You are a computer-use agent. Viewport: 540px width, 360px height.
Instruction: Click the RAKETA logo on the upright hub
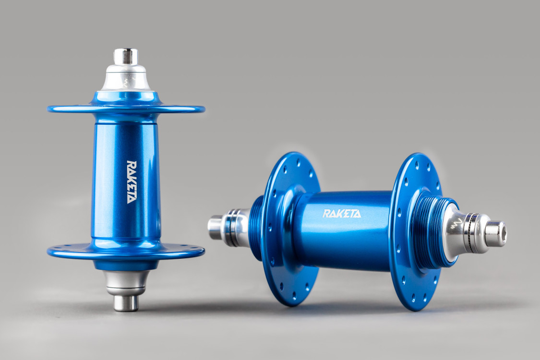tap(131, 182)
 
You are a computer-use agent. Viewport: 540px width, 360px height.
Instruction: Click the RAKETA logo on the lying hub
tap(341, 214)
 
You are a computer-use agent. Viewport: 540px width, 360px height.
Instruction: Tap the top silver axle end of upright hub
tap(126, 57)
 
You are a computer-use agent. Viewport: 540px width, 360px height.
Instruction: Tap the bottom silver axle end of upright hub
tap(125, 302)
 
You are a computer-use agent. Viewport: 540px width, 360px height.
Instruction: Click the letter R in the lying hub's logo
tap(326, 214)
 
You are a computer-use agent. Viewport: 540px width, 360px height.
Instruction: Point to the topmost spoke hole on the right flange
tap(416, 163)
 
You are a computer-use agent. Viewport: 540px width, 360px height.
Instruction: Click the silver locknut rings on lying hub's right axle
tap(475, 233)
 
